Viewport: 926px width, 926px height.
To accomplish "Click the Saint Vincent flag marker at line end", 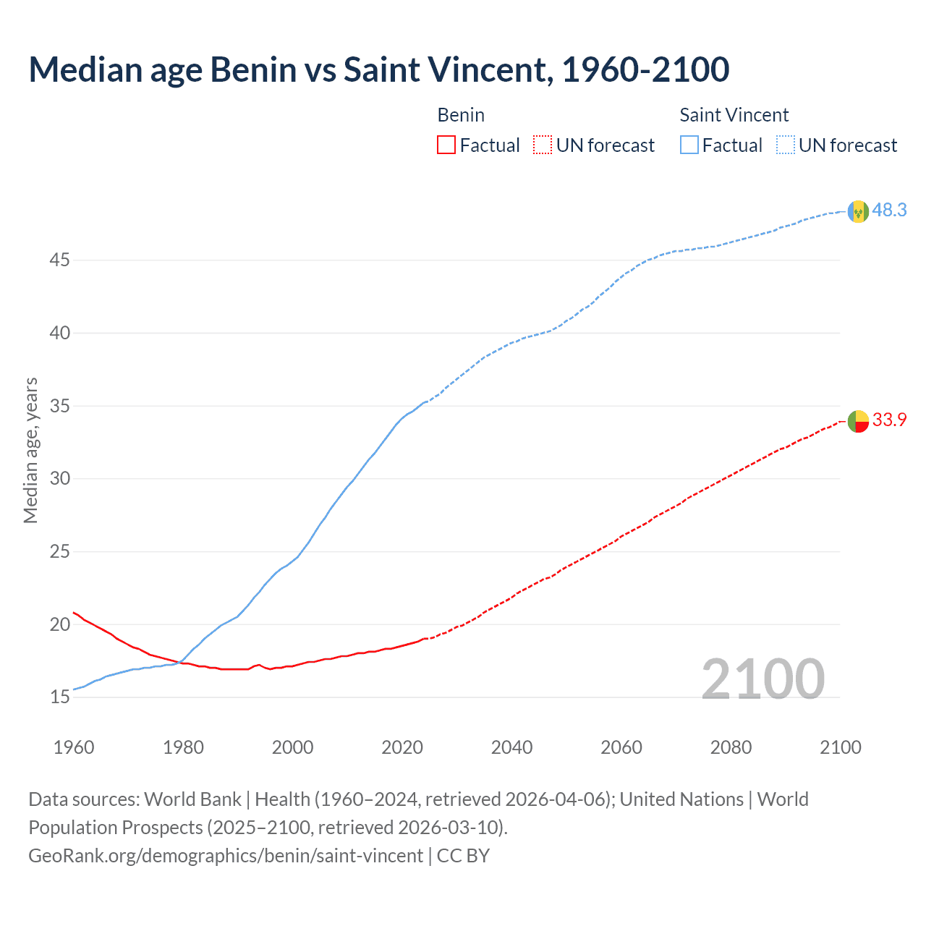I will [858, 211].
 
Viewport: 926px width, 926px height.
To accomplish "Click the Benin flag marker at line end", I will [858, 421].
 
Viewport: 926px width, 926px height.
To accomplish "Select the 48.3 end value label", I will [889, 211].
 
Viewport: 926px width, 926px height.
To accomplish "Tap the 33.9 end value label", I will [889, 420].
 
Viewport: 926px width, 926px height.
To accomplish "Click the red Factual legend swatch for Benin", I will [446, 145].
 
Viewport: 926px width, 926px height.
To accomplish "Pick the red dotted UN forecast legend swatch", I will [543, 145].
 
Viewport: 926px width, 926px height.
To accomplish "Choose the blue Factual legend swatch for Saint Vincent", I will [689, 145].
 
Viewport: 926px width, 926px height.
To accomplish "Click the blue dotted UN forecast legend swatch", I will [785, 145].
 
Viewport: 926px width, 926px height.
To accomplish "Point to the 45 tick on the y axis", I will [59, 260].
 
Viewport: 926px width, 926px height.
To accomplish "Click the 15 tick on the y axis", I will [59, 697].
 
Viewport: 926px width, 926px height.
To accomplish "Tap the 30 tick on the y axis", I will [59, 479].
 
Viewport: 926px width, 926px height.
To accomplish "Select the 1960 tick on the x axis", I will [74, 747].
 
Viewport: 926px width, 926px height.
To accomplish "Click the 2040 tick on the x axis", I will [511, 747].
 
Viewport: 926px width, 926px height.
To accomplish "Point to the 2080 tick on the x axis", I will [731, 747].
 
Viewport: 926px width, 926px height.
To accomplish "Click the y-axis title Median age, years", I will [30, 450].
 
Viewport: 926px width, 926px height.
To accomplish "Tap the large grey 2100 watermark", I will [763, 679].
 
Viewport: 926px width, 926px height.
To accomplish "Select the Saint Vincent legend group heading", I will [734, 115].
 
